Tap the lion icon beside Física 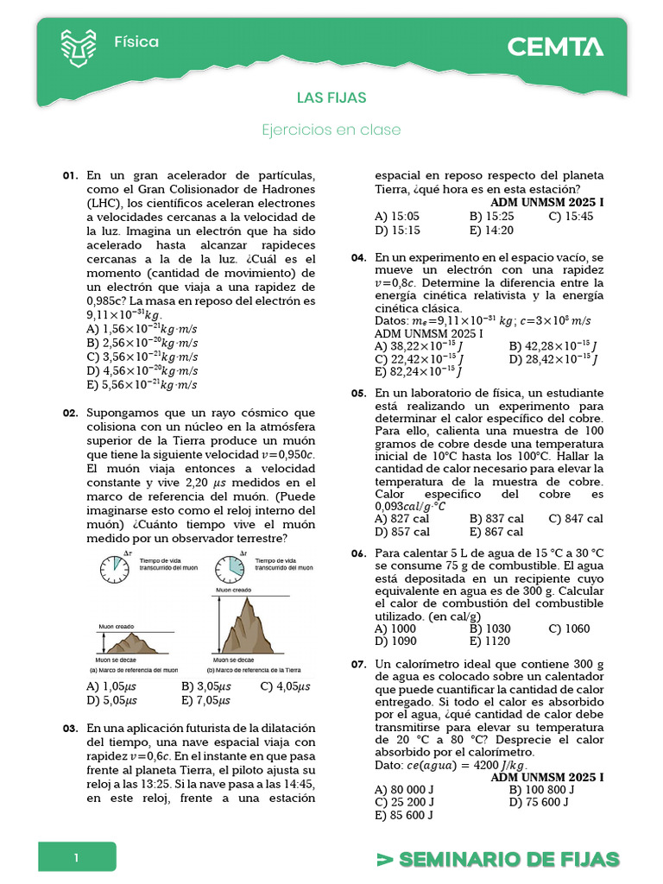(x=79, y=47)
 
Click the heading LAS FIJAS (x=331, y=98)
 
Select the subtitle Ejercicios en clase (x=331, y=129)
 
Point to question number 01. (x=71, y=175)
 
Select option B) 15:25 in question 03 (x=492, y=217)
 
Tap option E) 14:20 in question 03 (x=491, y=230)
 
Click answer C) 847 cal (x=576, y=519)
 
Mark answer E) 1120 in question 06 (x=489, y=641)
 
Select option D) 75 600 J (x=539, y=802)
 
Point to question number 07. (x=358, y=664)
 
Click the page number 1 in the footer (x=76, y=858)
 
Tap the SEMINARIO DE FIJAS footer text (x=499, y=859)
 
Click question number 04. (x=358, y=258)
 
